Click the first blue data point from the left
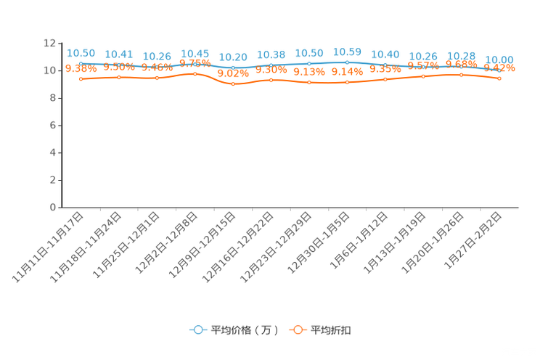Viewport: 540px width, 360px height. click(x=80, y=65)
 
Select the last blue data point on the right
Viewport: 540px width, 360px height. click(x=499, y=70)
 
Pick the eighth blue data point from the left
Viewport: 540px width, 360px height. click(x=348, y=62)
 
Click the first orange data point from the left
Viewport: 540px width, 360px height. click(x=81, y=78)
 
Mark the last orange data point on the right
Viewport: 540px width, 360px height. click(x=499, y=78)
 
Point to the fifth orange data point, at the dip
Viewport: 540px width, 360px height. click(x=233, y=83)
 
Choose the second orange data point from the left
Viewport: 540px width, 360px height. click(x=118, y=76)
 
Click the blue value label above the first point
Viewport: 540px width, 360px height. click(x=81, y=53)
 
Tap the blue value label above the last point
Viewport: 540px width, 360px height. click(x=499, y=59)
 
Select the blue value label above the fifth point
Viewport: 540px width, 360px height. click(x=234, y=57)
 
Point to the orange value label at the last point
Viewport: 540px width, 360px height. click(x=501, y=68)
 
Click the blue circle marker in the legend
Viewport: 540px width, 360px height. click(x=197, y=330)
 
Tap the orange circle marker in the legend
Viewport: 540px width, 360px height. click(x=298, y=330)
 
